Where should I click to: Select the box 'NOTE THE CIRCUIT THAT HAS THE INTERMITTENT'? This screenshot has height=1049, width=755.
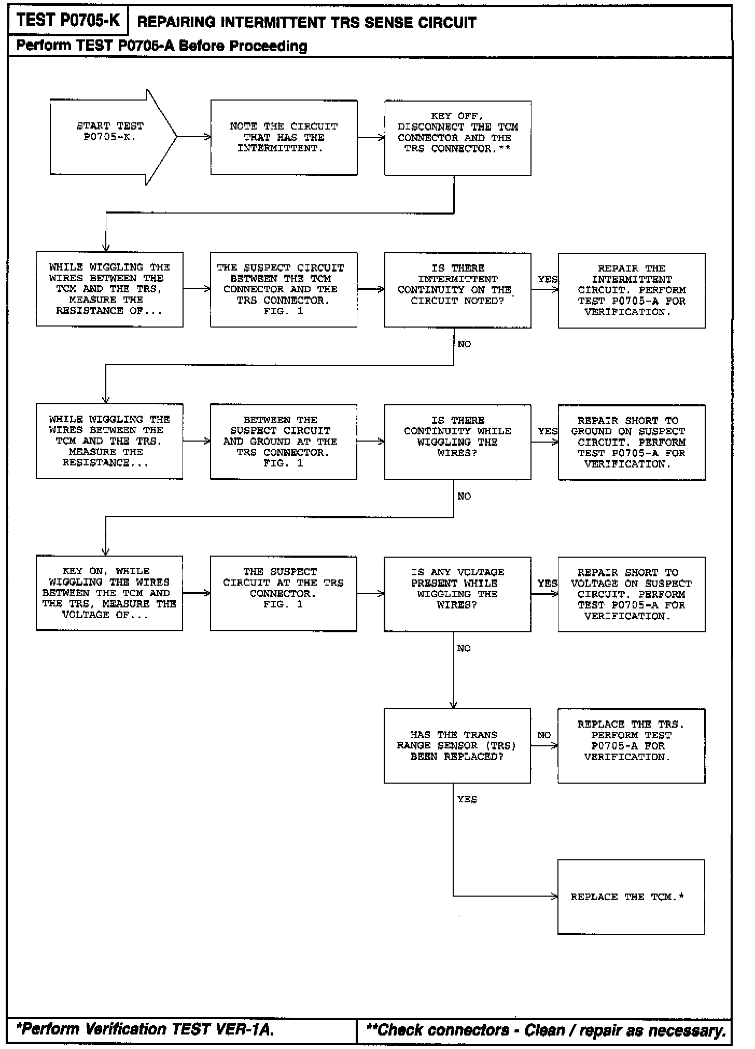click(284, 137)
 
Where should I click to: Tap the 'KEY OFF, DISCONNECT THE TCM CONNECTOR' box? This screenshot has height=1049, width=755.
click(457, 138)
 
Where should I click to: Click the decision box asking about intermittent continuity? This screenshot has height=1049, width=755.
click(457, 290)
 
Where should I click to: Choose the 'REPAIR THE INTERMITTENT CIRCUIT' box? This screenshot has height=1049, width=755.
click(631, 290)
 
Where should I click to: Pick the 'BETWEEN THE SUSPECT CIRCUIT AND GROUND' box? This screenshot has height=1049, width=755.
click(283, 442)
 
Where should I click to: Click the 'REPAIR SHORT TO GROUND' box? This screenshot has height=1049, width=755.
click(631, 442)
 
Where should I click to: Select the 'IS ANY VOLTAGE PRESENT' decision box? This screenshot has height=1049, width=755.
click(457, 594)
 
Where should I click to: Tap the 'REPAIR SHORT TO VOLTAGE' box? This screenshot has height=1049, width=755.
click(631, 594)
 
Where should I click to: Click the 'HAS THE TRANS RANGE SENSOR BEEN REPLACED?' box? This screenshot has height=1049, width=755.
click(457, 745)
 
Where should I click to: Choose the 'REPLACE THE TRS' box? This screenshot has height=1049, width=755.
click(631, 745)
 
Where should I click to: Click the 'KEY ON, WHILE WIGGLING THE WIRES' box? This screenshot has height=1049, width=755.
click(109, 593)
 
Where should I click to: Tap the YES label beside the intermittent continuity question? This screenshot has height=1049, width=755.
click(548, 279)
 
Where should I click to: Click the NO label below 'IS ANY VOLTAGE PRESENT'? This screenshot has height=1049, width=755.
click(464, 648)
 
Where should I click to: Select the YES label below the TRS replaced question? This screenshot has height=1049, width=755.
click(467, 800)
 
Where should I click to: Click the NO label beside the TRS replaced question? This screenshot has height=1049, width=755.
click(544, 735)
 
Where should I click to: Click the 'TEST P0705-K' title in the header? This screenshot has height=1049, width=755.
click(68, 21)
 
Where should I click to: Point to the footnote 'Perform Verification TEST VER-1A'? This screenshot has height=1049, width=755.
click(145, 1029)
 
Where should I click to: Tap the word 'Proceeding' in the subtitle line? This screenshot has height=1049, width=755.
click(269, 46)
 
